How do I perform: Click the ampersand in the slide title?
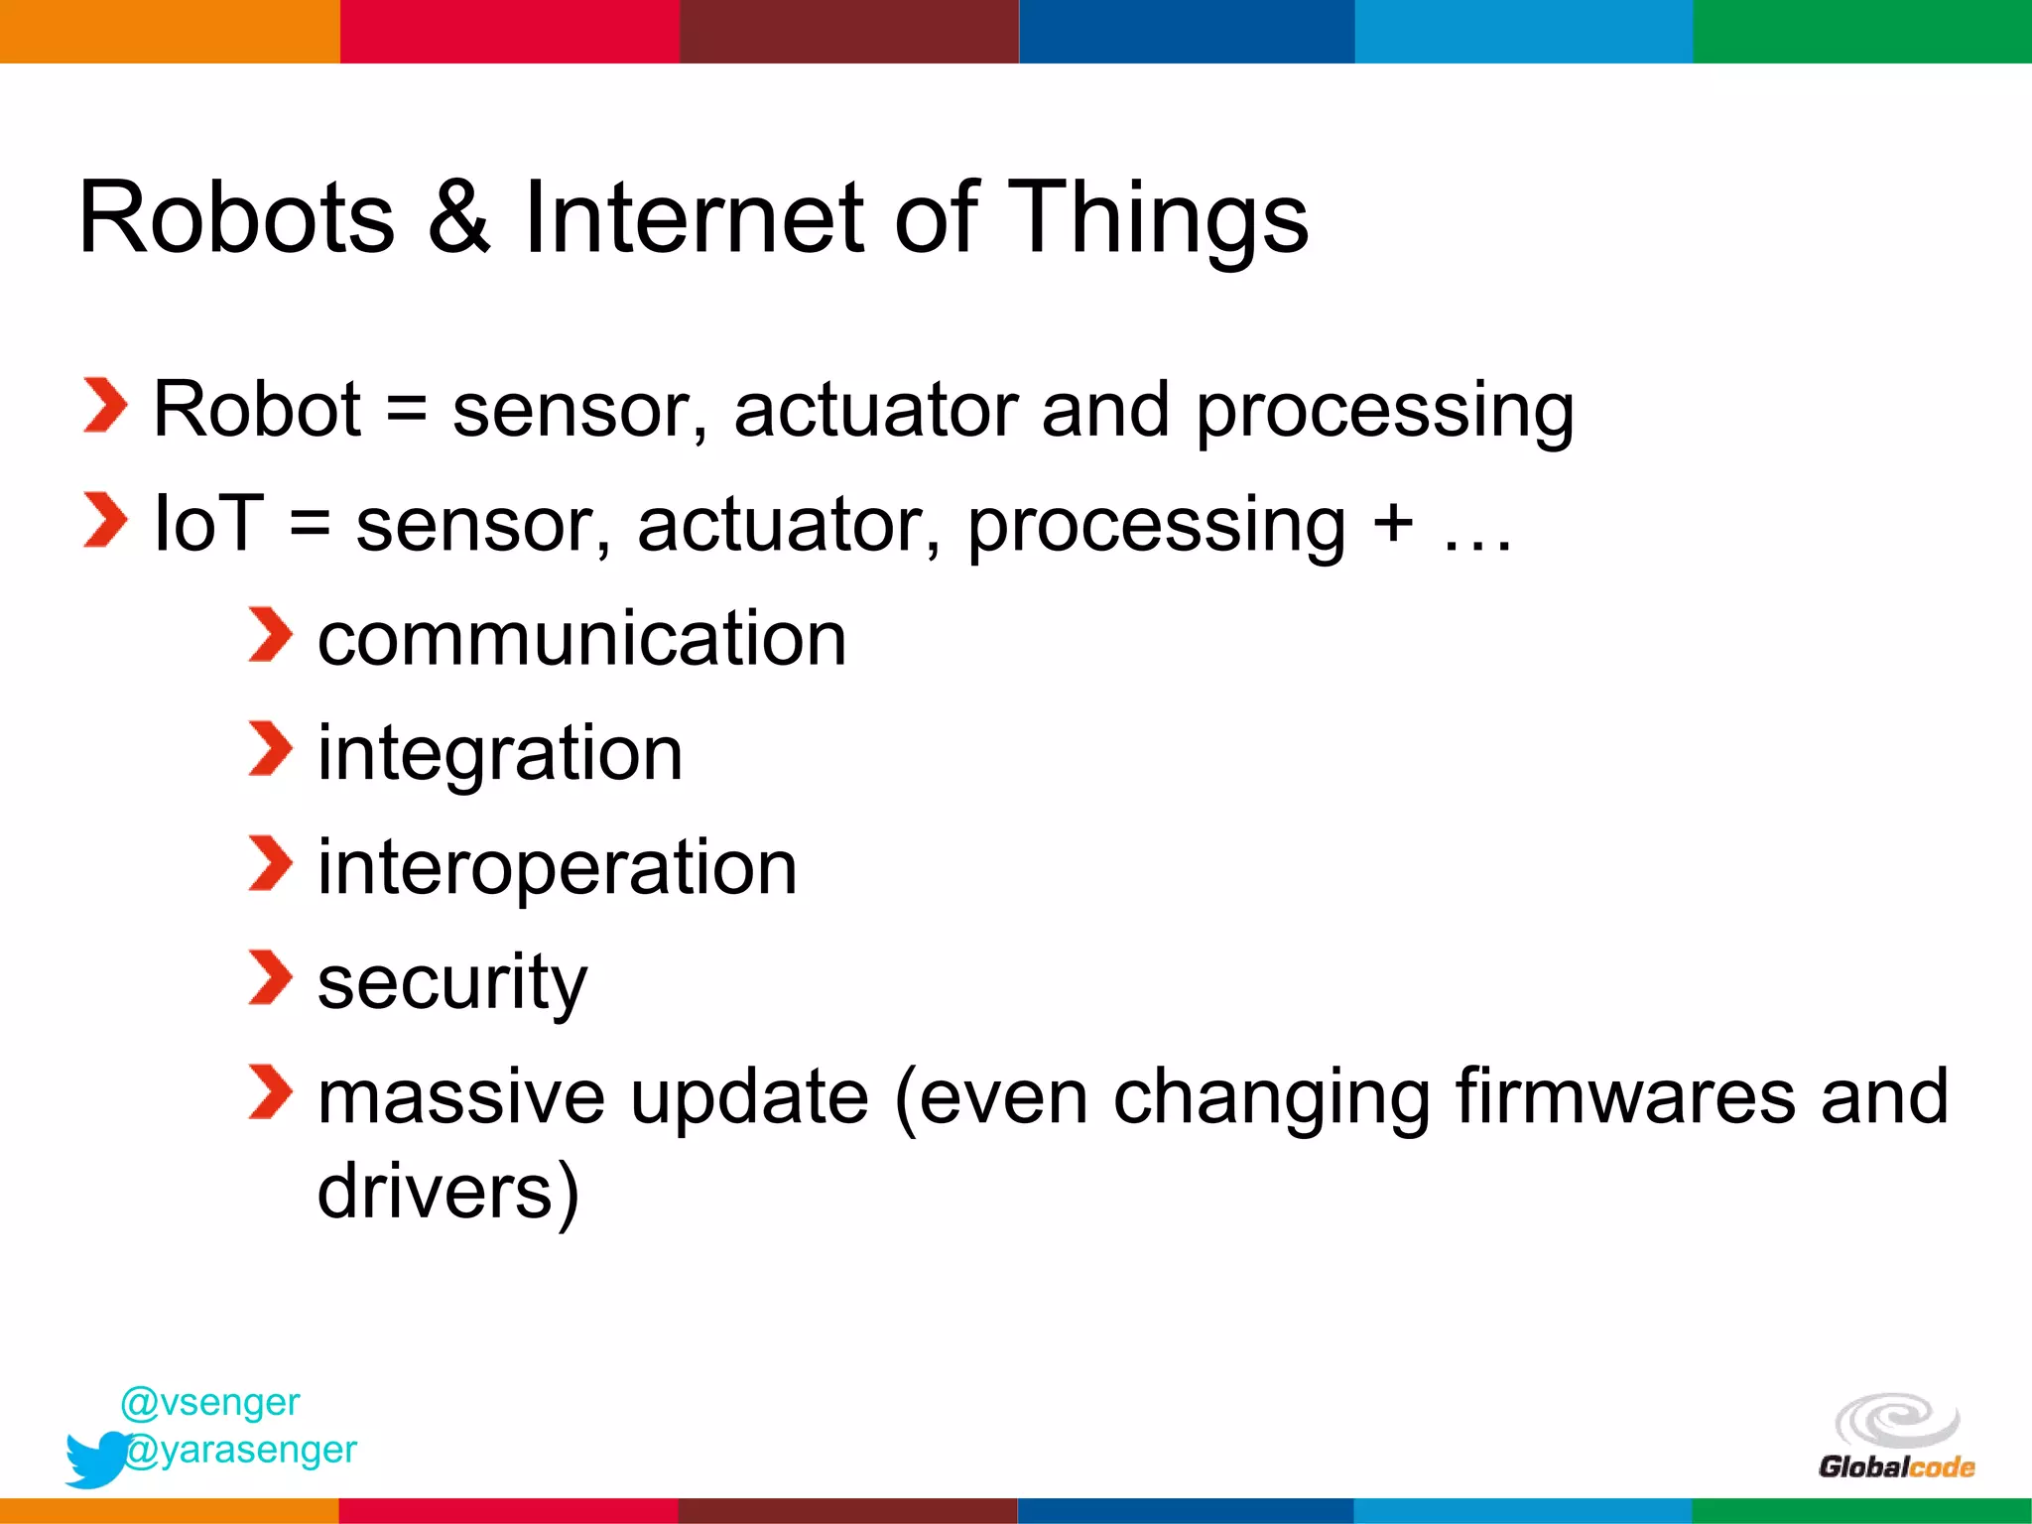coord(458,218)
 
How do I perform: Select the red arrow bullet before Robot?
coord(105,406)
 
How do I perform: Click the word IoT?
coord(209,523)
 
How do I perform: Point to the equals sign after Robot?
coord(406,410)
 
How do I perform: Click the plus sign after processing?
coord(1392,523)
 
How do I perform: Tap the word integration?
coord(500,754)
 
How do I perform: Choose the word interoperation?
coord(557,867)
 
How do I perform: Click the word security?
coord(452,983)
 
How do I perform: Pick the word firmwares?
coord(1625,1096)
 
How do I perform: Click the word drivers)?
coord(447,1191)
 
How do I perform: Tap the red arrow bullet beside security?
coord(270,977)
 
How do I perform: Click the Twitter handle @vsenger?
coord(209,1402)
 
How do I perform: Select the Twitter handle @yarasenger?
coord(241,1450)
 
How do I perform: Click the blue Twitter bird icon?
coord(95,1459)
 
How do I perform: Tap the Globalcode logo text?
coord(1896,1466)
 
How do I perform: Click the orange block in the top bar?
coord(169,31)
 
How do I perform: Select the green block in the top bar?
coord(1862,31)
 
